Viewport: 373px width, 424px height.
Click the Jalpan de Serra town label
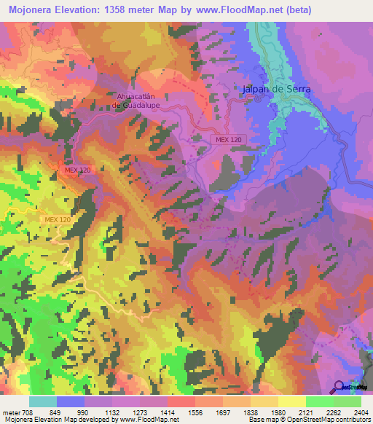[276, 89]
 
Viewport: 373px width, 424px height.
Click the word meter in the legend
[10, 412]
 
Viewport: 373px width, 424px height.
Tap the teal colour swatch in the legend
[43, 401]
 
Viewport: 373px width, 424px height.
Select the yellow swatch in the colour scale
[291, 401]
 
